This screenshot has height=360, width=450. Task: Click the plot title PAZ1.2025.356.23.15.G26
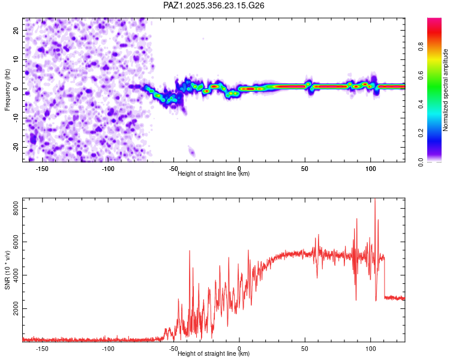click(x=214, y=5)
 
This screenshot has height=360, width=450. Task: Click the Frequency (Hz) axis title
click(x=7, y=89)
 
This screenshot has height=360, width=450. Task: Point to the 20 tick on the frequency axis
click(x=16, y=30)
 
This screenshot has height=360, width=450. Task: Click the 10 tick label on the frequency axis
click(x=16, y=59)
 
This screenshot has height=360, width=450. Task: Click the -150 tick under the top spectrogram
click(x=42, y=169)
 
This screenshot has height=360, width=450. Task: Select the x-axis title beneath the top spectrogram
click(x=214, y=173)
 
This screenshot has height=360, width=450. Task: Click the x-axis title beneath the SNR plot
click(x=214, y=353)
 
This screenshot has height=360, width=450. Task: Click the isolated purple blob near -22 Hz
click(x=192, y=151)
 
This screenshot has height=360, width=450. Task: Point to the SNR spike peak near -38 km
click(x=190, y=251)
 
